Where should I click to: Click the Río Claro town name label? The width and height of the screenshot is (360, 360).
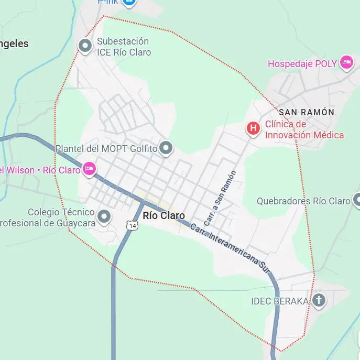pyautogui.click(x=163, y=215)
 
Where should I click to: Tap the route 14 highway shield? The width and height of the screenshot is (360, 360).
pyautogui.click(x=133, y=225)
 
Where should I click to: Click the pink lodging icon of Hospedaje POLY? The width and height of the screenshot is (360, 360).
pyautogui.click(x=346, y=63)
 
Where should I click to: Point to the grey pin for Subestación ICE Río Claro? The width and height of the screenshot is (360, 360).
pyautogui.click(x=85, y=46)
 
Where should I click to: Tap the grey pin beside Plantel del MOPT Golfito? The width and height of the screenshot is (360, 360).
pyautogui.click(x=166, y=149)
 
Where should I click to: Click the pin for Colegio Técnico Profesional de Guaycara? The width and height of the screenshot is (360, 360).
pyautogui.click(x=104, y=216)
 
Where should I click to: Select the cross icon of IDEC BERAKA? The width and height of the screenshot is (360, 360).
pyautogui.click(x=319, y=300)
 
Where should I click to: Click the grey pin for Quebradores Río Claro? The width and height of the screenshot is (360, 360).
pyautogui.click(x=357, y=200)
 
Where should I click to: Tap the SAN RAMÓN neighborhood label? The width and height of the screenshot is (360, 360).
pyautogui.click(x=306, y=112)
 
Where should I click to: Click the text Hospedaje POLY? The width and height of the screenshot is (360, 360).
pyautogui.click(x=302, y=64)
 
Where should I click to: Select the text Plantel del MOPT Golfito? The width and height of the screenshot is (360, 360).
pyautogui.click(x=106, y=149)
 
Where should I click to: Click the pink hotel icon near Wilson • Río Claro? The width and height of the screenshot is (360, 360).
pyautogui.click(x=90, y=169)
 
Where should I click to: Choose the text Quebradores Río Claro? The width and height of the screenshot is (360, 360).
pyautogui.click(x=303, y=201)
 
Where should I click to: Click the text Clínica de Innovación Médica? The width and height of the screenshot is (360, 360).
pyautogui.click(x=304, y=129)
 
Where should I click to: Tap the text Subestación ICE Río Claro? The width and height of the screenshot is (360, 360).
pyautogui.click(x=124, y=47)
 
